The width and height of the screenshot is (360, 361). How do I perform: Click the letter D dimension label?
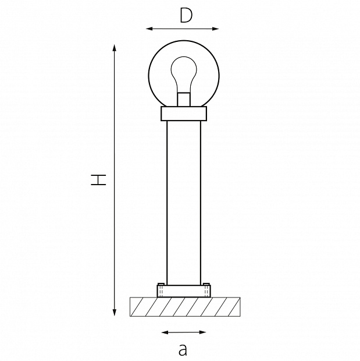[x=186, y=16]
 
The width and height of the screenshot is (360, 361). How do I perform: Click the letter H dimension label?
[x=98, y=179]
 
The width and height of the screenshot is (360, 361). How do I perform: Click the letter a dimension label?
[x=183, y=349]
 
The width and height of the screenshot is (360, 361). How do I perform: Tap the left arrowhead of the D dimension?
[x=149, y=29]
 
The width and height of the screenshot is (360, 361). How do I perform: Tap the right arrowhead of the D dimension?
[x=215, y=29]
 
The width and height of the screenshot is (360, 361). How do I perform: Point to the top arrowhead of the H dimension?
[x=115, y=48]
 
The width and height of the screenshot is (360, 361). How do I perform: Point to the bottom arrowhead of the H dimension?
[x=115, y=313]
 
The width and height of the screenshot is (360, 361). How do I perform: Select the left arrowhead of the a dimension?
[x=165, y=332]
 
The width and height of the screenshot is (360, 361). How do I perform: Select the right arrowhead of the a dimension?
[x=202, y=332]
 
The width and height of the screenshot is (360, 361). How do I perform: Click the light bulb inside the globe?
[x=184, y=74]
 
